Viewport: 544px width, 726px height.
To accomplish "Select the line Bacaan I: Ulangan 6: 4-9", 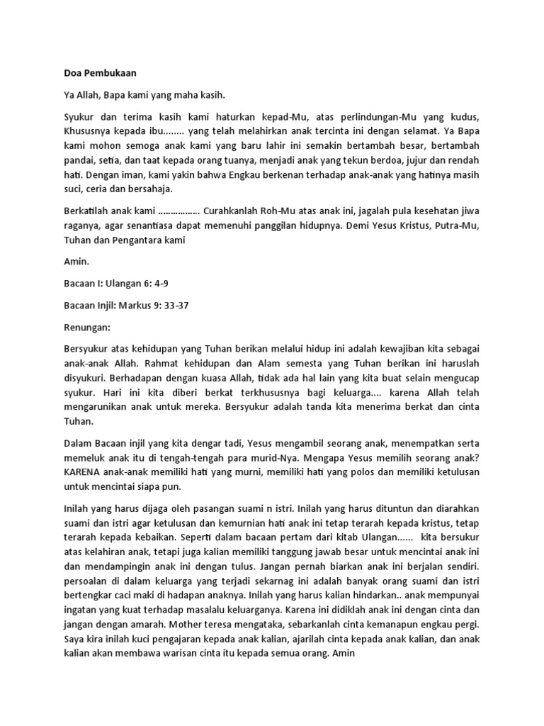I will [x=116, y=283].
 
